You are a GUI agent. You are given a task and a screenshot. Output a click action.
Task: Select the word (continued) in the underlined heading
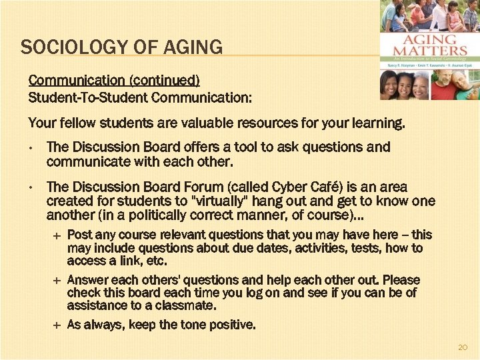[x=166, y=81]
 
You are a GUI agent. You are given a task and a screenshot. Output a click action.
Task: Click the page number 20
[x=463, y=348]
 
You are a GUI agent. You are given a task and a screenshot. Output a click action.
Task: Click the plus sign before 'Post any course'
[x=57, y=235]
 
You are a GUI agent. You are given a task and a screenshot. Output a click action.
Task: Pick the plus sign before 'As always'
[x=57, y=325]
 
